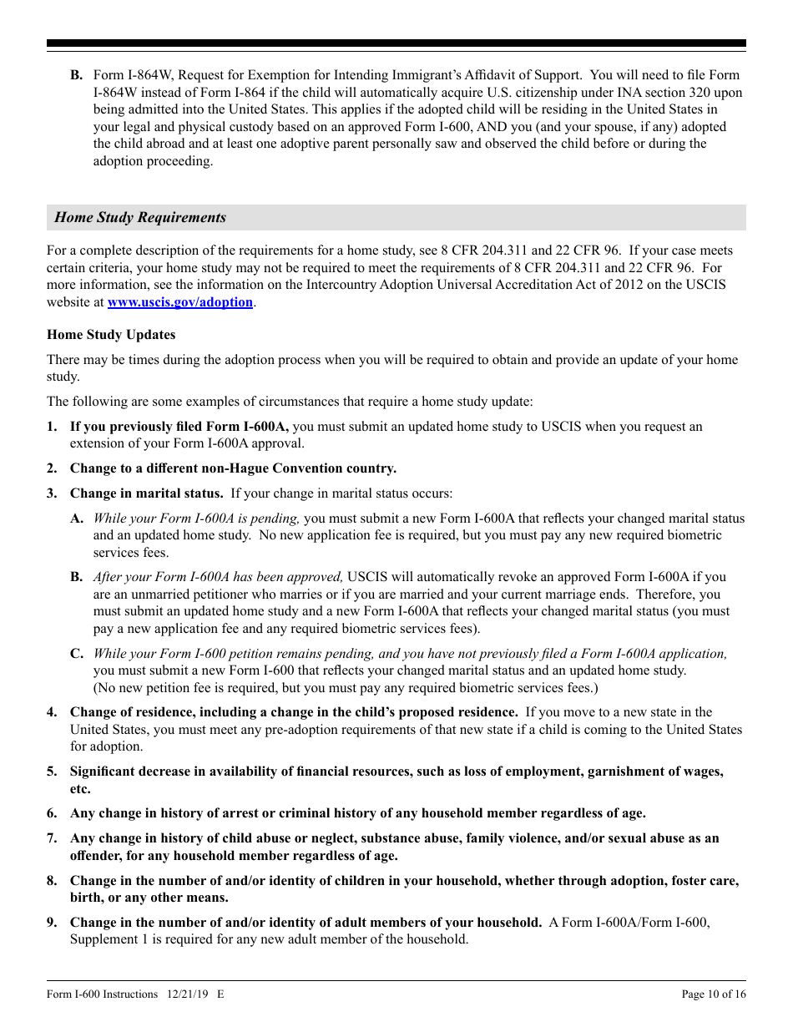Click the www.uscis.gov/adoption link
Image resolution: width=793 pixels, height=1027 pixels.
179,302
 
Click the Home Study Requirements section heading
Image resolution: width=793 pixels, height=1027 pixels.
140,218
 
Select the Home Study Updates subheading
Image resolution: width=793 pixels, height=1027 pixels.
111,335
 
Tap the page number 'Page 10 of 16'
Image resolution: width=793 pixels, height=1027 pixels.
714,994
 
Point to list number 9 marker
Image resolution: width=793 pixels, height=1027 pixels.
52,923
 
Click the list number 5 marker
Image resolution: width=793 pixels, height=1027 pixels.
52,772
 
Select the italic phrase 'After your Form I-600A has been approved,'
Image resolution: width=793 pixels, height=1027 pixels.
218,577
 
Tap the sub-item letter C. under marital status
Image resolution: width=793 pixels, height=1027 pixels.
76,654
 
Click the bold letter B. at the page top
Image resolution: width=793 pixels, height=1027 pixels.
76,75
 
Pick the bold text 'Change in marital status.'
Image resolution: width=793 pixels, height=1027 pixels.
146,493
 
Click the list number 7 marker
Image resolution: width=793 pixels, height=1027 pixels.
52,838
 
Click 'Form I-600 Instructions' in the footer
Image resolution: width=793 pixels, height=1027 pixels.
102,994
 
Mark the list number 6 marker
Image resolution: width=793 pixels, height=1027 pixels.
52,813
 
